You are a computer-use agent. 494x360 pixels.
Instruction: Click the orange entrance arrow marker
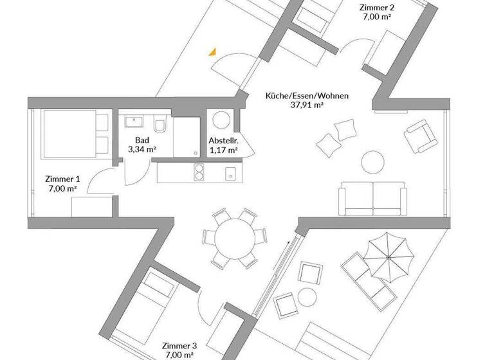tap(212, 53)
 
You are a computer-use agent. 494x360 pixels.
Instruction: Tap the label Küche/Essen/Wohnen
tap(307, 96)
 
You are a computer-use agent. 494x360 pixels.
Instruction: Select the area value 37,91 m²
tap(307, 107)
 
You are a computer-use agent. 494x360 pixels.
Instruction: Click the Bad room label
tap(142, 139)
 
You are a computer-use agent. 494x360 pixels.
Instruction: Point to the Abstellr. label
tap(223, 141)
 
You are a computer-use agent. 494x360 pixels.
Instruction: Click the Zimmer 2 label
tap(378, 8)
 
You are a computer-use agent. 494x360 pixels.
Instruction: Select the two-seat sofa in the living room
tap(373, 199)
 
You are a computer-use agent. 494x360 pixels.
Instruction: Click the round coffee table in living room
tap(372, 160)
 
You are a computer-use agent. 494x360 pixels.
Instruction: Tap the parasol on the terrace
tap(390, 256)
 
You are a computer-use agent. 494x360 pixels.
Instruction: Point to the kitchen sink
tap(230, 172)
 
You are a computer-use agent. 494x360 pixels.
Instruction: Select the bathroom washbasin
tap(135, 122)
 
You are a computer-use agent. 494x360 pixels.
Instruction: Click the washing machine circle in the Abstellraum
tap(221, 121)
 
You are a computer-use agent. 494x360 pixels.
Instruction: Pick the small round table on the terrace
tap(307, 296)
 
